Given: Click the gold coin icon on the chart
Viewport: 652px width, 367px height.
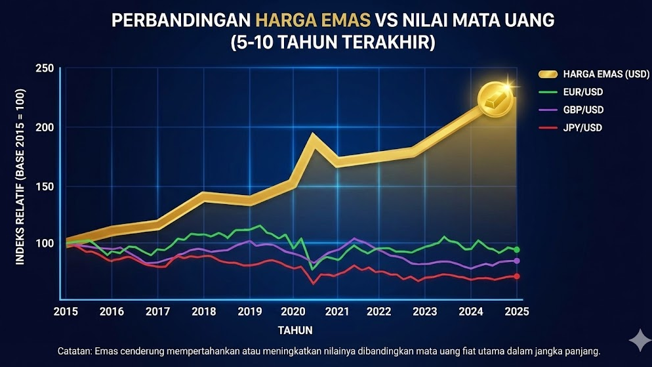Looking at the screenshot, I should (x=495, y=100).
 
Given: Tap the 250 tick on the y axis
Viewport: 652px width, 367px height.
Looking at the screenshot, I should (x=45, y=69).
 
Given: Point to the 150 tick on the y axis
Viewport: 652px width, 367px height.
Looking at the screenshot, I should (x=45, y=186).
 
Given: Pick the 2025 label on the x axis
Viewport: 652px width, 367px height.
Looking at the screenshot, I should (x=516, y=311).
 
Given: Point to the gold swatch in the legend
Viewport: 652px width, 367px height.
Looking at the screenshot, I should (x=548, y=74).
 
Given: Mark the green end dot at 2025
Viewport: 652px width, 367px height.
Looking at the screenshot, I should (x=517, y=249).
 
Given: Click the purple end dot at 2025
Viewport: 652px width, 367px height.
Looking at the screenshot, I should (x=517, y=261).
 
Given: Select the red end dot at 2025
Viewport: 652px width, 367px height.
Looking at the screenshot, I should (x=517, y=276).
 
